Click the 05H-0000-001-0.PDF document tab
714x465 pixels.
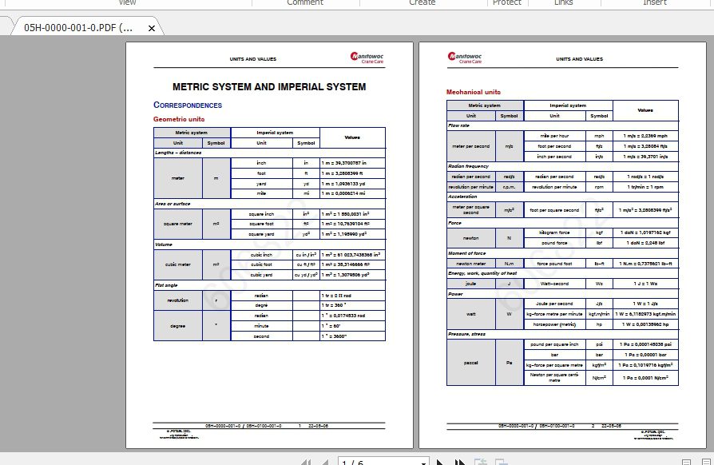coord(78,27)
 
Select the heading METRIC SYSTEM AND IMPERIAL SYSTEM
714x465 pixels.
coord(269,87)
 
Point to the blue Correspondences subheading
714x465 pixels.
coord(188,105)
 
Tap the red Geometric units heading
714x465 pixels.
coord(179,119)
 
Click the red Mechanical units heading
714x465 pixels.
coord(474,92)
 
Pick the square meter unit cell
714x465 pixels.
coord(178,224)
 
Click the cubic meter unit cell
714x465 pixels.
coord(178,264)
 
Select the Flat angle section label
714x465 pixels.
coord(166,284)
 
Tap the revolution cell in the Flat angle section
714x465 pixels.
coord(178,300)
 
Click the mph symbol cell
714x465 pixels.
coord(599,136)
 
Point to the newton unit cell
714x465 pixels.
coord(471,237)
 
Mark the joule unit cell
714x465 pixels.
coord(471,283)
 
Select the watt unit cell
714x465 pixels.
coord(471,314)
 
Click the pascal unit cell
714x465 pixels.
coord(471,362)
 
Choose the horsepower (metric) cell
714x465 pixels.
coord(553,324)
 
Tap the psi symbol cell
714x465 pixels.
coord(599,344)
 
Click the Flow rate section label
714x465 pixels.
coord(459,125)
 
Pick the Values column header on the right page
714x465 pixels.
coord(645,110)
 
